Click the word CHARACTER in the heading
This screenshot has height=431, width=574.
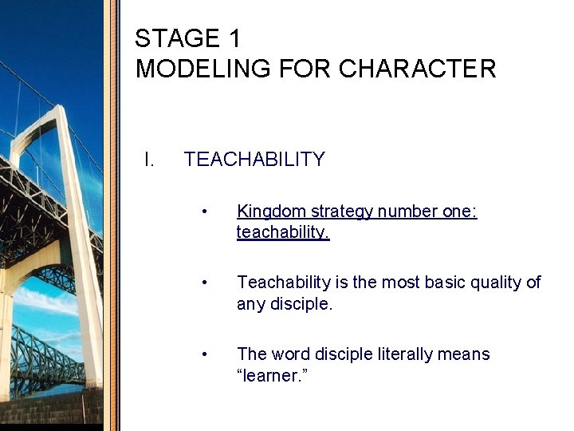(x=417, y=69)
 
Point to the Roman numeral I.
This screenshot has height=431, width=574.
(x=148, y=160)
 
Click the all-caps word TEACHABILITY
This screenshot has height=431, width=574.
(x=254, y=160)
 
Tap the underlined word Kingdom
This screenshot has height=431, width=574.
(x=271, y=212)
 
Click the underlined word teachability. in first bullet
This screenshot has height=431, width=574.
(x=283, y=232)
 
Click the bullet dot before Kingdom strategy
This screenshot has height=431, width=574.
(x=206, y=212)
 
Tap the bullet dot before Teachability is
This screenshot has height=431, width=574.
(x=206, y=283)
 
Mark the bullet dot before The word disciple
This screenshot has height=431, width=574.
(x=206, y=354)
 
